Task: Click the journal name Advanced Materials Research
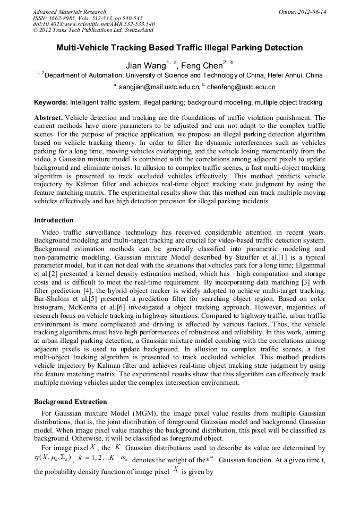(69, 12)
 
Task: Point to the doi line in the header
(94, 24)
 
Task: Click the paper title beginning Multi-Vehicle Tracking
(179, 48)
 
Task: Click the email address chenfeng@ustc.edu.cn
(243, 87)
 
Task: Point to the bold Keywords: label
(51, 102)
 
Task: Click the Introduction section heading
(54, 220)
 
